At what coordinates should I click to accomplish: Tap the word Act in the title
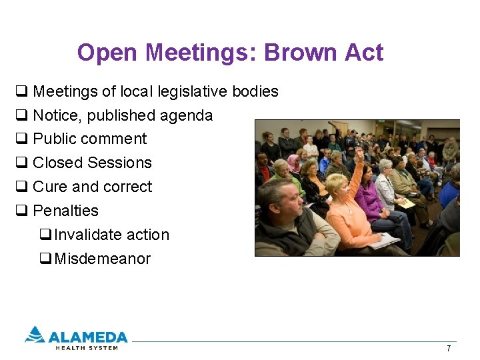coord(364,53)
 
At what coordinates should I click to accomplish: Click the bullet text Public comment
coord(89,139)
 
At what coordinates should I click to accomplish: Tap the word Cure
coord(50,187)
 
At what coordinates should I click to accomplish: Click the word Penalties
coord(65,211)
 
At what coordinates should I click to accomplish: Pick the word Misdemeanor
coord(102,259)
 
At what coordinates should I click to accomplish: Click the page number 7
coord(449,349)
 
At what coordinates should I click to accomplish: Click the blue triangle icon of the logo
coord(35,334)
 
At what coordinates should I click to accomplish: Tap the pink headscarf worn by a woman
coord(293,162)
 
